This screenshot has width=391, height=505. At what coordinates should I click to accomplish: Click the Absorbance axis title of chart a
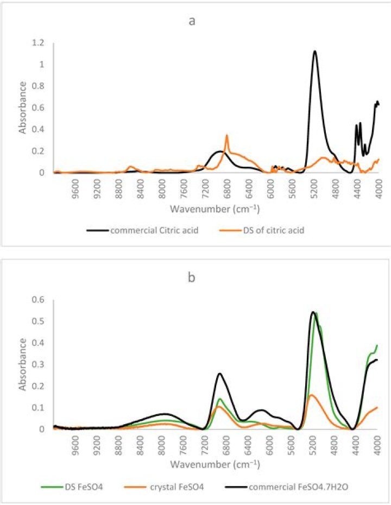pos(23,108)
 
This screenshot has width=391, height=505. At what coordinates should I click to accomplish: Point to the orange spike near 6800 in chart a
pos(226,135)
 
